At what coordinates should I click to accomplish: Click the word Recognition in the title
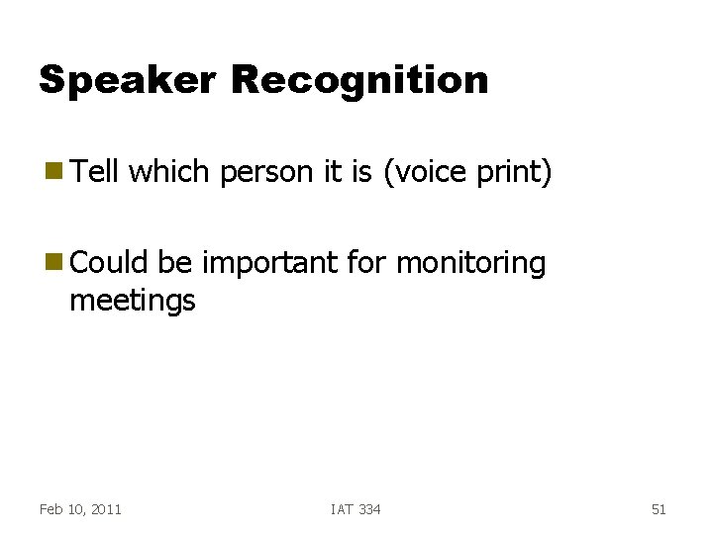359,81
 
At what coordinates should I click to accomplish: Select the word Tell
94,172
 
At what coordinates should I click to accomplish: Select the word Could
104,263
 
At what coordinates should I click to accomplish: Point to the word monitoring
470,264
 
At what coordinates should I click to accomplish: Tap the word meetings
133,301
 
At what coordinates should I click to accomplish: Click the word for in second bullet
367,263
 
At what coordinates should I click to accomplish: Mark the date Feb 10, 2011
80,509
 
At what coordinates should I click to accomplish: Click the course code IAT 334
356,509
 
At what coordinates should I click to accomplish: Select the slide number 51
659,509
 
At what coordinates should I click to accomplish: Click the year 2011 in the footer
105,509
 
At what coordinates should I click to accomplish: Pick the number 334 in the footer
368,509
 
